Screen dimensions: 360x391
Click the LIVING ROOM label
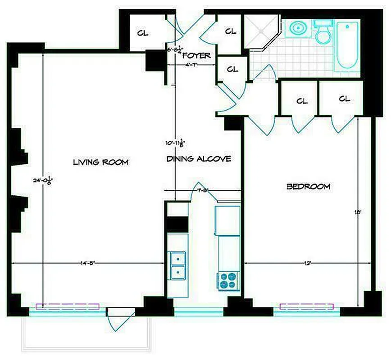pyautogui.click(x=101, y=162)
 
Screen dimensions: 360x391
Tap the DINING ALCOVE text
pyautogui.click(x=199, y=159)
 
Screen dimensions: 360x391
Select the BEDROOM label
pyautogui.click(x=308, y=186)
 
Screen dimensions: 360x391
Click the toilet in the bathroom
pyautogui.click(x=323, y=32)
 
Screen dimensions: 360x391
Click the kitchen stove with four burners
pyautogui.click(x=229, y=280)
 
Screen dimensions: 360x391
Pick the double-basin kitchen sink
pyautogui.click(x=178, y=265)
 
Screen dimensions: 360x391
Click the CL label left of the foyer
pyautogui.click(x=142, y=34)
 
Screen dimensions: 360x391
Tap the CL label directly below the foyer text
pyautogui.click(x=232, y=69)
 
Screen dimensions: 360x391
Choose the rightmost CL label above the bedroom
pyautogui.click(x=344, y=99)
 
